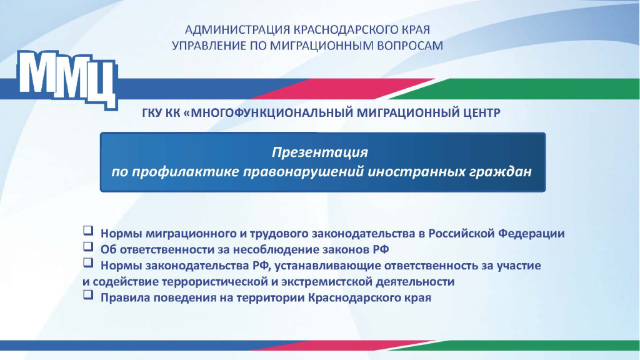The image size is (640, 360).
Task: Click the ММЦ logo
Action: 67,78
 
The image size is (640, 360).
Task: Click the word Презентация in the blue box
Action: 319,152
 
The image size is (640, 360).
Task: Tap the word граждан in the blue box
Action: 501,171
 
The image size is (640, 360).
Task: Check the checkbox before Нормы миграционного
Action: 88,232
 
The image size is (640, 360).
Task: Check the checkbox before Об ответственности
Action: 88,248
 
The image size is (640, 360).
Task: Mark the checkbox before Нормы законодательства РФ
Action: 88,264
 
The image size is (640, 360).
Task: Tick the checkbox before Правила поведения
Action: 88,297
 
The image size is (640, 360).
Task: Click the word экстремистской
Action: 325,282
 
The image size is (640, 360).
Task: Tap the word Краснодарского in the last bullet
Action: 352,298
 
